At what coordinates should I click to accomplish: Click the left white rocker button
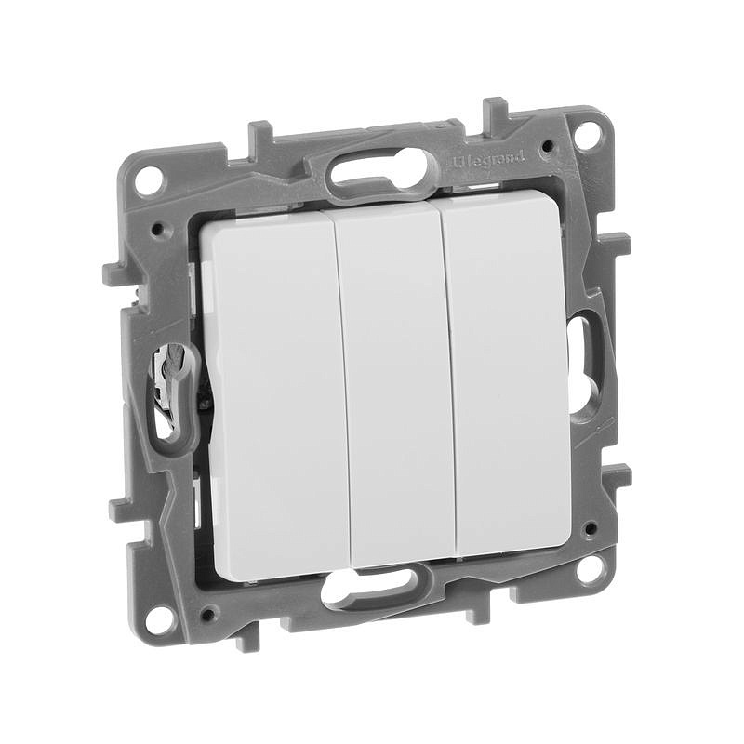pyautogui.click(x=277, y=398)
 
